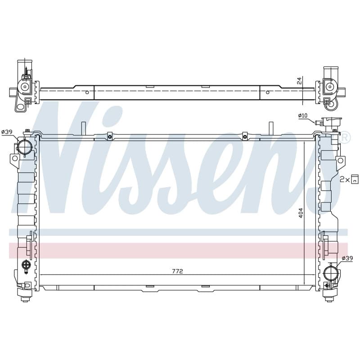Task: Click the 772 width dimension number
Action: (x=177, y=271)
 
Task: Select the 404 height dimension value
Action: (x=301, y=213)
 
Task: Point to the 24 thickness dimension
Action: (x=299, y=81)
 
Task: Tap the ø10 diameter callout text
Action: (x=302, y=116)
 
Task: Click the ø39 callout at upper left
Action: (x=7, y=132)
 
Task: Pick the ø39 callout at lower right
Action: (x=347, y=258)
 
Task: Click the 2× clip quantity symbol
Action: (x=349, y=179)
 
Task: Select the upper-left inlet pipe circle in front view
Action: (x=24, y=147)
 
